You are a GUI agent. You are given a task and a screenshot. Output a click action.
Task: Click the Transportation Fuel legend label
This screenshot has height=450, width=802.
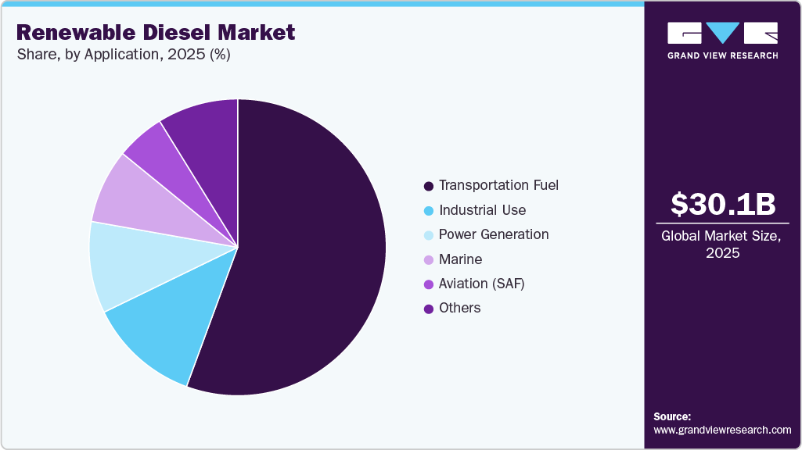click(x=498, y=185)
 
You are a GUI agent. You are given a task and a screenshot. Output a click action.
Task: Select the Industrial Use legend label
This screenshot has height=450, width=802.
click(x=482, y=210)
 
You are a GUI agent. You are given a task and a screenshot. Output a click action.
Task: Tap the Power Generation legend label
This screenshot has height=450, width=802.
click(x=494, y=234)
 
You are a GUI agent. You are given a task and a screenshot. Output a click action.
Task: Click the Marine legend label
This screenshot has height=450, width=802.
click(x=460, y=259)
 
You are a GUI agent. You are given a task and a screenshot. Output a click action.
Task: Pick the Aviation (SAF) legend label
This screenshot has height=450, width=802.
click(x=481, y=284)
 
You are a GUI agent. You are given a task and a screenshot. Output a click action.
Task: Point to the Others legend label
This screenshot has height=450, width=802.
click(x=459, y=308)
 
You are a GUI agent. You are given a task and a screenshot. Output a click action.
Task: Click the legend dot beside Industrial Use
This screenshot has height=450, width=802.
click(x=428, y=211)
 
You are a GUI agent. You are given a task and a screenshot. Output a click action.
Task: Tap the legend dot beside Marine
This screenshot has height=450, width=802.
click(x=428, y=260)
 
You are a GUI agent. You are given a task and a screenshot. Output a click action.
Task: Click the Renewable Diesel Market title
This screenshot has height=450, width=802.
click(x=156, y=32)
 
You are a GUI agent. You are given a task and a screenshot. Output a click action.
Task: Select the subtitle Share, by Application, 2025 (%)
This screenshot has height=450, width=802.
click(x=123, y=55)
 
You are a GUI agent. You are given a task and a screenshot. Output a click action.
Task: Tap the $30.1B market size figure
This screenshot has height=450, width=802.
click(x=722, y=204)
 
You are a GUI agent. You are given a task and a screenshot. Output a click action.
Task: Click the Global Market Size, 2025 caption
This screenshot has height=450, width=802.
click(x=721, y=244)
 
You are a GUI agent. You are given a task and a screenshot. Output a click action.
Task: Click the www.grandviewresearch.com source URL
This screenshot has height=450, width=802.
click(x=722, y=430)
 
